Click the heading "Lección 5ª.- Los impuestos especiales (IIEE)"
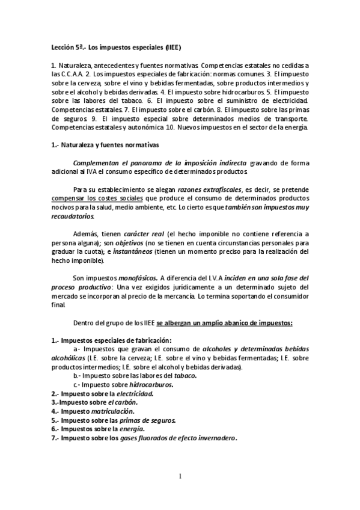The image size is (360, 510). pyautogui.click(x=114, y=46)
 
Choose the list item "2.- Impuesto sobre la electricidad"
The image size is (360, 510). pyautogui.click(x=102, y=393)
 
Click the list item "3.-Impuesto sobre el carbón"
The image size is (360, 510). pyautogui.click(x=94, y=402)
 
